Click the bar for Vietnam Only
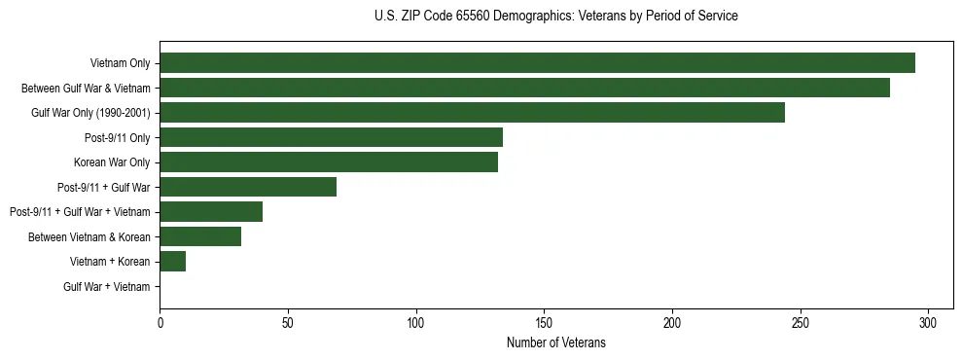click(x=537, y=63)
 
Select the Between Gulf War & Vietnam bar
click(x=524, y=89)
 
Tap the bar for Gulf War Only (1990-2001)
click(x=472, y=113)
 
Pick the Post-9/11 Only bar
click(x=331, y=137)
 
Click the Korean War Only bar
click(x=329, y=162)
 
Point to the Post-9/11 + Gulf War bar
click(x=248, y=187)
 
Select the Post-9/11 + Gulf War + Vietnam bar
click(x=211, y=212)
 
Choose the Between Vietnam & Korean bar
click(x=200, y=236)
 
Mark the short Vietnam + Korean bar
click(x=172, y=262)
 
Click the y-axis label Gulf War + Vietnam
click(x=107, y=287)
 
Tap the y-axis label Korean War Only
click(x=112, y=162)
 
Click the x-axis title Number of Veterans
click(x=555, y=342)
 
